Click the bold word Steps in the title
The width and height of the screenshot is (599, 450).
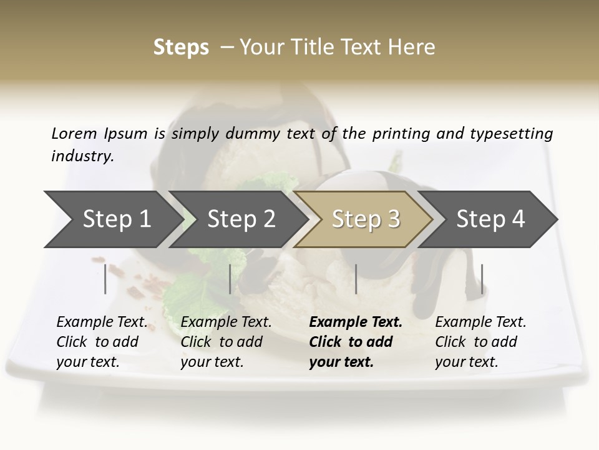pyautogui.click(x=181, y=47)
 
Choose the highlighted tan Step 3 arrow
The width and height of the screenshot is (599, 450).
pyautogui.click(x=366, y=219)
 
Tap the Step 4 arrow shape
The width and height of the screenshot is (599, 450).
pyautogui.click(x=490, y=219)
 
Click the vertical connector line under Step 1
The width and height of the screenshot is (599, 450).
pyautogui.click(x=105, y=279)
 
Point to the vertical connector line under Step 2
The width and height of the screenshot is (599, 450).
pyautogui.click(x=230, y=279)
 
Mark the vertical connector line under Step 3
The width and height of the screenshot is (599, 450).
pyautogui.click(x=356, y=279)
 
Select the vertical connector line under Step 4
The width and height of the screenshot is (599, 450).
pyautogui.click(x=482, y=279)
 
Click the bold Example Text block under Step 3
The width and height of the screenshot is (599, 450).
pyautogui.click(x=356, y=342)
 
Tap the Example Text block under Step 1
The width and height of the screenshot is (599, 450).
pyautogui.click(x=102, y=342)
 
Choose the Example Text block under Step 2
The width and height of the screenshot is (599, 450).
pyautogui.click(x=226, y=342)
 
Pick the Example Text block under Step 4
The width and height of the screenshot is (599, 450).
pyautogui.click(x=480, y=342)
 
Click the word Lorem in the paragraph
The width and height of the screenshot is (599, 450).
pyautogui.click(x=74, y=133)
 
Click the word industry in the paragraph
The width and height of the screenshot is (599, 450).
pyautogui.click(x=82, y=156)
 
